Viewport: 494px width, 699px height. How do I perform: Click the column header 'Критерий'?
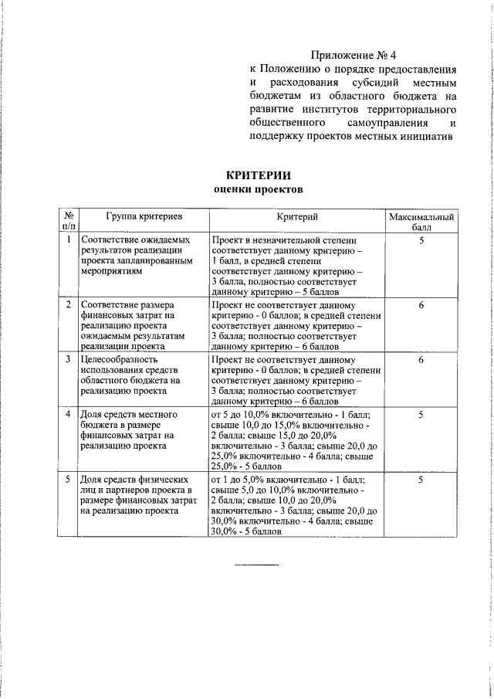pyautogui.click(x=297, y=219)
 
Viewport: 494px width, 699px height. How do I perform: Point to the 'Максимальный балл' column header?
pyautogui.click(x=421, y=223)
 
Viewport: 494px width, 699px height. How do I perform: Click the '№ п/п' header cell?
pyautogui.click(x=68, y=223)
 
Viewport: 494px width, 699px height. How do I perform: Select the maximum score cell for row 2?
pyautogui.click(x=421, y=305)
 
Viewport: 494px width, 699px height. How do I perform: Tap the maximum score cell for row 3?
pyautogui.click(x=421, y=360)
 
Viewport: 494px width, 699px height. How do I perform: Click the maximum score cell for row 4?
pyautogui.click(x=421, y=416)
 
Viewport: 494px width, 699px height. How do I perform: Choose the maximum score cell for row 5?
pyautogui.click(x=421, y=480)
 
